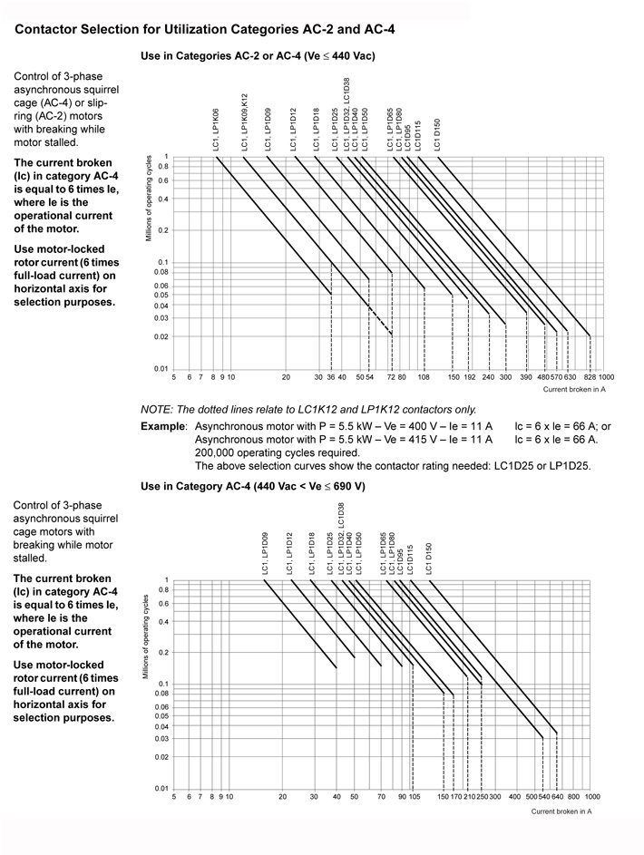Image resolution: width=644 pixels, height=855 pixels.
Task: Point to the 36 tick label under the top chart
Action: [331, 376]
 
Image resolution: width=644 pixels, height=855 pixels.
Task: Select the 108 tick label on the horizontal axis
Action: [424, 376]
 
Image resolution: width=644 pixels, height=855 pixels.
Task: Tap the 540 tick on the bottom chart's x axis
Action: [543, 796]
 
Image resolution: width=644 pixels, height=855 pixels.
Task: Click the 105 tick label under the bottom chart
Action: [414, 796]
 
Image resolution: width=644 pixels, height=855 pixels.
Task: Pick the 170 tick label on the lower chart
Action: [455, 796]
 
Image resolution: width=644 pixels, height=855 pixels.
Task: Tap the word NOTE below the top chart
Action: [155, 409]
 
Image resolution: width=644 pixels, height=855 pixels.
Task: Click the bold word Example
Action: [163, 424]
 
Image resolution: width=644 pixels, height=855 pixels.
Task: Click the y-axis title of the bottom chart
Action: [146, 637]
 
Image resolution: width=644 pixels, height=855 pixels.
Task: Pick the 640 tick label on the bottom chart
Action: [557, 796]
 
